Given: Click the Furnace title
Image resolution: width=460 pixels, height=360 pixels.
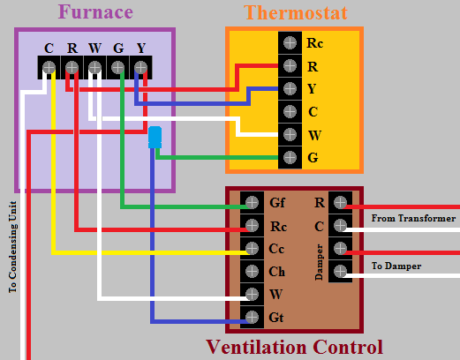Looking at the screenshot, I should coord(94,12).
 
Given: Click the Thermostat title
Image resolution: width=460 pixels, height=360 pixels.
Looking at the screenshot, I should coord(295,12).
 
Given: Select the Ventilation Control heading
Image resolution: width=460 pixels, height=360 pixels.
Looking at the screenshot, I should coord(294,347).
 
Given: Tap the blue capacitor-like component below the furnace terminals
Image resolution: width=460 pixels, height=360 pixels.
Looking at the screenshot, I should coord(155,137).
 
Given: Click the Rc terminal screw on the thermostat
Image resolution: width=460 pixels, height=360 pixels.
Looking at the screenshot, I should coord(289,41).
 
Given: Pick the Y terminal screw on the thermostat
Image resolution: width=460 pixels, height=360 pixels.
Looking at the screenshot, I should coord(289,88).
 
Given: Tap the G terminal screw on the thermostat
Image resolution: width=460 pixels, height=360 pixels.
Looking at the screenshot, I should coord(289,158).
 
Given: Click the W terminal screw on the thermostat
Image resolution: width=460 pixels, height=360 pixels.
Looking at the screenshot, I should coord(289,135).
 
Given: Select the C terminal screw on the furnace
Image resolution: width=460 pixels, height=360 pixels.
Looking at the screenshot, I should coord(49,67).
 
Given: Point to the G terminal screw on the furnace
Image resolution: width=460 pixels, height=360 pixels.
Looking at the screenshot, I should coord(118,67).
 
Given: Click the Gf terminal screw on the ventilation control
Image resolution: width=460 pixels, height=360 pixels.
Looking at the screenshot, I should coord(252,202).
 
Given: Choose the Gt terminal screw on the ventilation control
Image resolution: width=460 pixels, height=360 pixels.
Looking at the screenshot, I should coord(252,317).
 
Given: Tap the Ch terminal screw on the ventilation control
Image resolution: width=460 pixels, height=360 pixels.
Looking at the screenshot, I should coord(252,271).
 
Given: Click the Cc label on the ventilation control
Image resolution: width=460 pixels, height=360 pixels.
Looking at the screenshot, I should coord(276,249).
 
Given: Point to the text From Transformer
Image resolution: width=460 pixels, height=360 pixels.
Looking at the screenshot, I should coord(413,218).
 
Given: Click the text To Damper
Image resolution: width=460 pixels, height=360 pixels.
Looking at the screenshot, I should coord(396,266).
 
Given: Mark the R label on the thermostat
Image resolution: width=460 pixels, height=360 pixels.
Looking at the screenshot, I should coord(312,65).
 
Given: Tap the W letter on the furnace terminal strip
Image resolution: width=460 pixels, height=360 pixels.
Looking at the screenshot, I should coord(94,48).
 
